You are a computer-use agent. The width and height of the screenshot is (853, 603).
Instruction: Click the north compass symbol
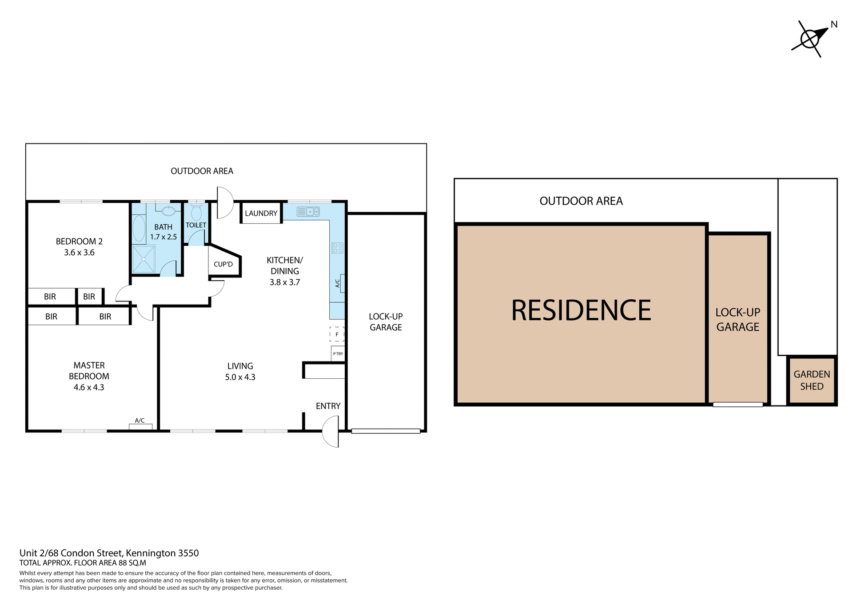[x=810, y=39]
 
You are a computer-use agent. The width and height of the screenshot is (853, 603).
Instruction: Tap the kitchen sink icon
[x=307, y=211]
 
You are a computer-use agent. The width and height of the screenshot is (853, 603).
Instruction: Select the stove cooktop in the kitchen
[x=337, y=248]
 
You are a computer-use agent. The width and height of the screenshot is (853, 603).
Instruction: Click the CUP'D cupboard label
[x=223, y=264]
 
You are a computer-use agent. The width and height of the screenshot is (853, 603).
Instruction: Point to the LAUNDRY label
[x=261, y=213]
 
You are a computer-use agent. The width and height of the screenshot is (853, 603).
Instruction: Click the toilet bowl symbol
[x=196, y=213]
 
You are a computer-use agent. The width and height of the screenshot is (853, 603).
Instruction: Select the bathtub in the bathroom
[x=139, y=229]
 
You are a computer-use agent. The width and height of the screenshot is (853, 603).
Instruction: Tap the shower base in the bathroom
[x=143, y=259]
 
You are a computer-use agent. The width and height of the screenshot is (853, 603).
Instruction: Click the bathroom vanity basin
[x=168, y=211]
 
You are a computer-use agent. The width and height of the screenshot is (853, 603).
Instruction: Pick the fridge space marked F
[x=337, y=334]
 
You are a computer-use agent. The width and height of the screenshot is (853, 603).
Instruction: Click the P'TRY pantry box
[x=338, y=353]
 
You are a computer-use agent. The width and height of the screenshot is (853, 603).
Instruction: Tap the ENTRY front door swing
[x=331, y=431]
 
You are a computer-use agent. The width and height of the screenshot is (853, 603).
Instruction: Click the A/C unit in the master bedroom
[x=140, y=426]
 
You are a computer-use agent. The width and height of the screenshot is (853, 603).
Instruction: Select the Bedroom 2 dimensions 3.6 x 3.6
[x=79, y=253]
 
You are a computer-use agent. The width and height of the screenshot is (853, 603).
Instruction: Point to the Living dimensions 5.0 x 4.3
[x=240, y=377]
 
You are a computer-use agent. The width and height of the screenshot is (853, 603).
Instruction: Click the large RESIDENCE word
[x=581, y=310]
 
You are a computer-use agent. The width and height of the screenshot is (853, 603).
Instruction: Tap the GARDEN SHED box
[x=811, y=381]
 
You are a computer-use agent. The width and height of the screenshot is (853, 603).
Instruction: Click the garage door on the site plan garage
[x=737, y=405]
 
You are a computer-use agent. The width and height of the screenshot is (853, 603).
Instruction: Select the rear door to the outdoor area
[x=224, y=202]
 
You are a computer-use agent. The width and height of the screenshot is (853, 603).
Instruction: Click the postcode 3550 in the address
[x=188, y=553]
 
